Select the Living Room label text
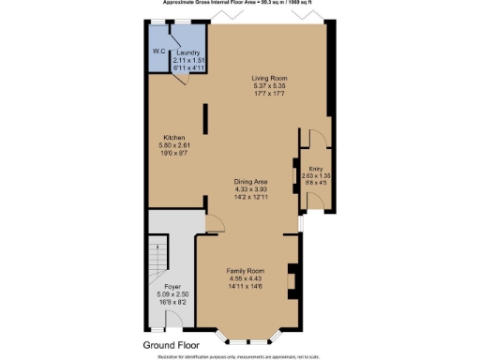click(268, 78)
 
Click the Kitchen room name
click(175, 138)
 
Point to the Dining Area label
click(251, 182)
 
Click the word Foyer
click(172, 286)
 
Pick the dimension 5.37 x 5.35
click(268, 85)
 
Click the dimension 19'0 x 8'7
click(175, 154)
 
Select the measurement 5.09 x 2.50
click(172, 293)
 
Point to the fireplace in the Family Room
click(293, 281)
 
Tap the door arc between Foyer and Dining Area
click(215, 226)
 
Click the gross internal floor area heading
click(240, 4)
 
